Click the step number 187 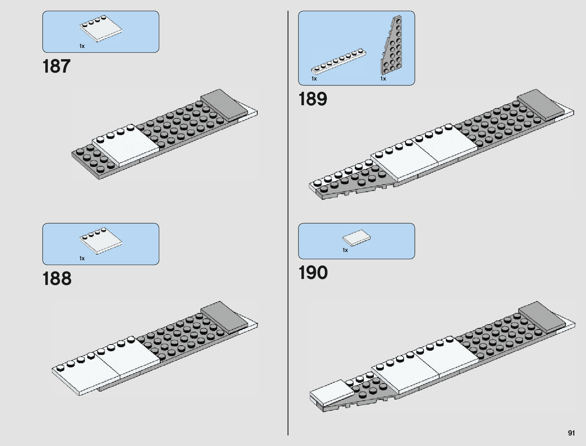pos(57,66)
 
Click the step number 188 pos(57,279)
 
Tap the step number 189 pos(313,99)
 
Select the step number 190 pos(313,273)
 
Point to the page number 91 pos(571,433)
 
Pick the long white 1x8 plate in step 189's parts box pos(338,61)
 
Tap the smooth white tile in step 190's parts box pos(356,238)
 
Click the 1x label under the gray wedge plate pos(383,79)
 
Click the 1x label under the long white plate pos(314,79)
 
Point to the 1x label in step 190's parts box pos(345,250)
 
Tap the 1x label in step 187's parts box pos(82,46)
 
